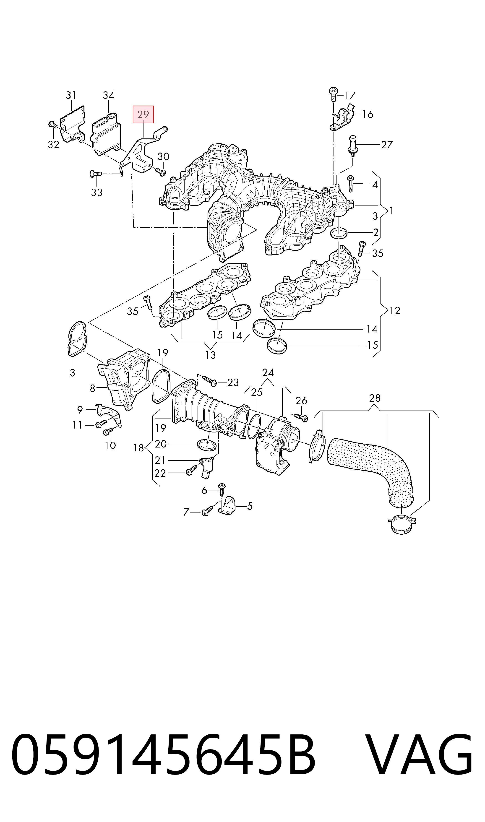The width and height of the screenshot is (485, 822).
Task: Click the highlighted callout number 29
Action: coord(143,114)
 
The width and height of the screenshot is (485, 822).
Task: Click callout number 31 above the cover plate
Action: coord(71,95)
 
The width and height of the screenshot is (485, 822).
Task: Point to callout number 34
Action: coord(109,95)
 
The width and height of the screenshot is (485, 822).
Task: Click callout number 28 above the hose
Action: coord(375,398)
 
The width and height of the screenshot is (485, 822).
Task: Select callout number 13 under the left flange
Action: coord(211,355)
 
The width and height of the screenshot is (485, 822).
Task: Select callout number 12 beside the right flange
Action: coord(395,310)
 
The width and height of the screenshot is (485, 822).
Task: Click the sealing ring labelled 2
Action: coord(339,233)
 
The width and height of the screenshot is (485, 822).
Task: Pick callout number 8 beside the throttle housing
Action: coord(92,388)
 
